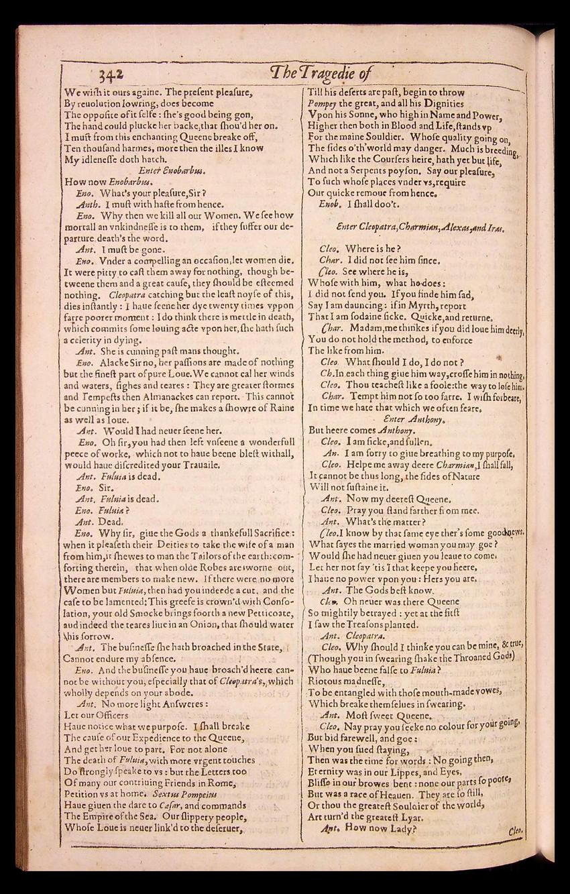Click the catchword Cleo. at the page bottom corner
point(516,830)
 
